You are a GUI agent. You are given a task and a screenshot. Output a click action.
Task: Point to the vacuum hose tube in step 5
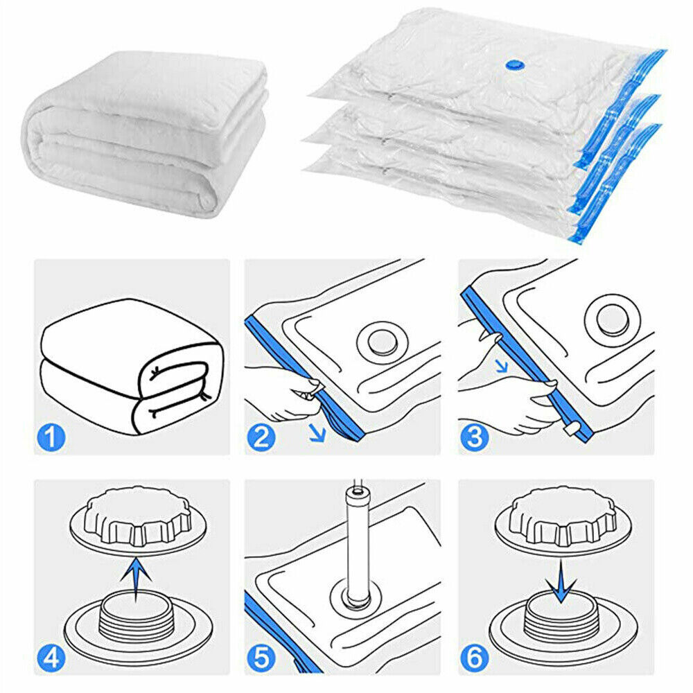click(x=358, y=547)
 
